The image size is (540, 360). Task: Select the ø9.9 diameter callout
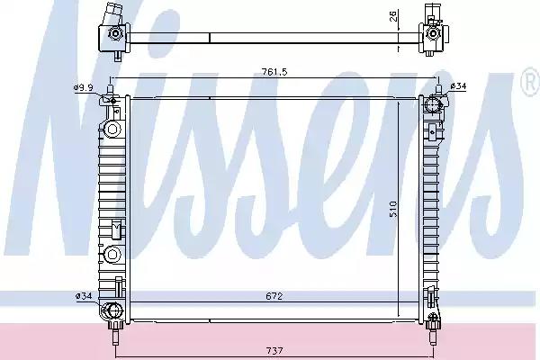coord(83,87)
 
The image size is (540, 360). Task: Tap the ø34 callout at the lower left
coord(83,294)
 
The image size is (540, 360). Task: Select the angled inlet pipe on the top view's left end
coord(112,16)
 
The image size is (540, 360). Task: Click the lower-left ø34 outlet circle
coord(113,311)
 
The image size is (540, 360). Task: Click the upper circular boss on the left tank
coord(112,130)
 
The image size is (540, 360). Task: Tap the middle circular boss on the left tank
coord(112,253)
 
